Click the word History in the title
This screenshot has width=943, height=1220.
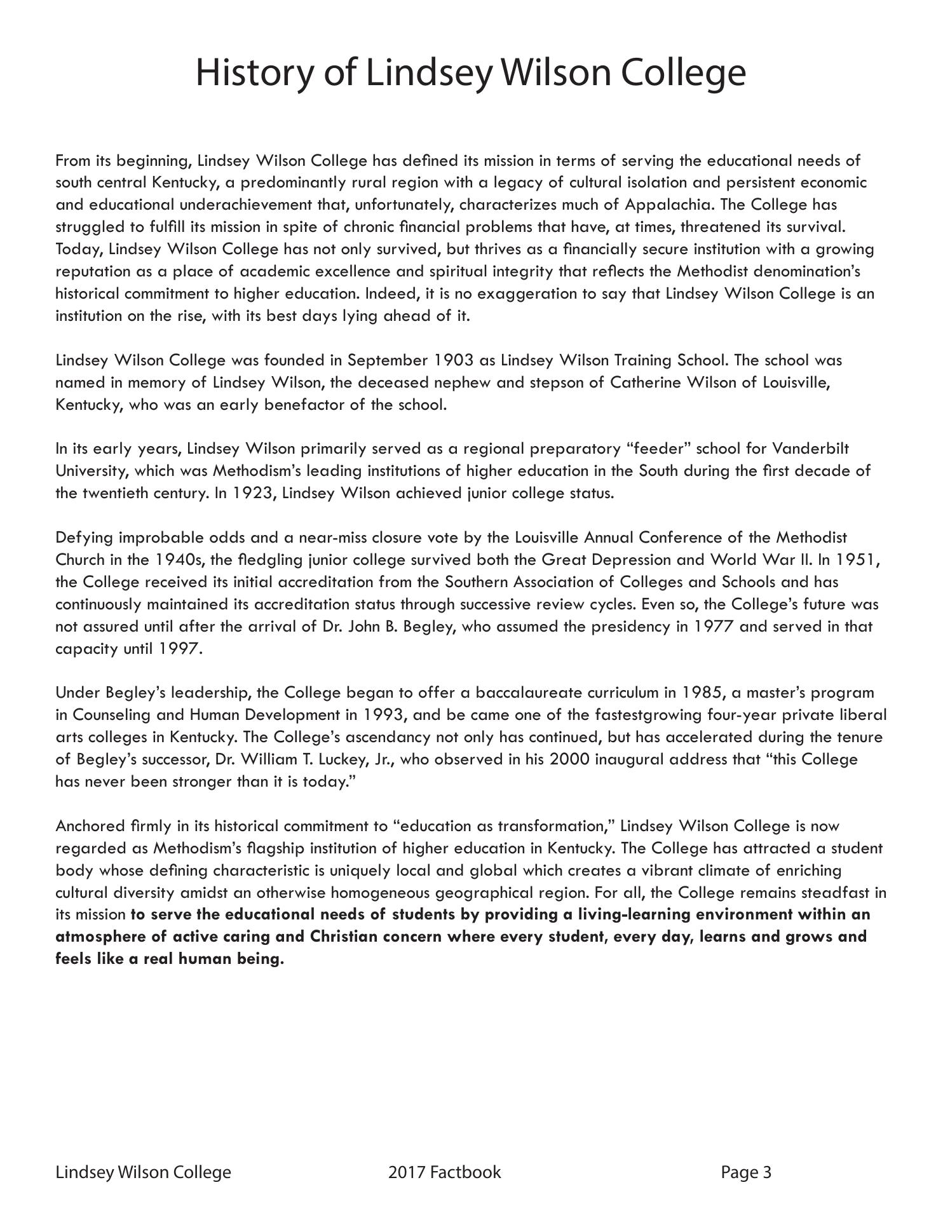coord(254,73)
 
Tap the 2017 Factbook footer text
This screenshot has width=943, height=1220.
coord(444,1172)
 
